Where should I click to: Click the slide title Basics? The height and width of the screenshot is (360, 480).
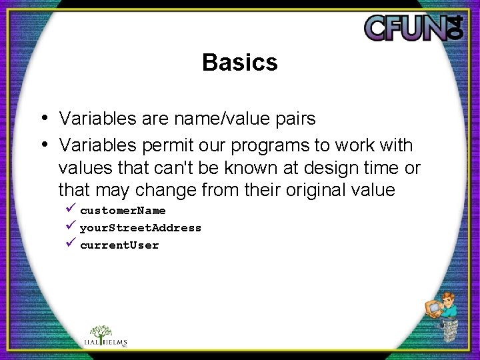point(239,63)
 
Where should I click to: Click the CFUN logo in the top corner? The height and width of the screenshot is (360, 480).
point(413,27)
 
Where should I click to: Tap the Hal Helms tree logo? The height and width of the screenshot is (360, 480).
point(101,336)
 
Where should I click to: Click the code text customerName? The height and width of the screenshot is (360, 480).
point(123,211)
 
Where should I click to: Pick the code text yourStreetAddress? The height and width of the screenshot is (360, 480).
point(140,228)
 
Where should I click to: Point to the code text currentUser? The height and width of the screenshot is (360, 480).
point(119,245)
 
